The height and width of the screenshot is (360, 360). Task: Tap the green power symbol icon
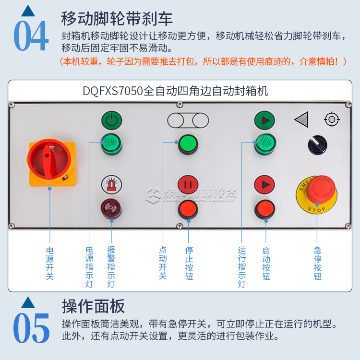point(111,120)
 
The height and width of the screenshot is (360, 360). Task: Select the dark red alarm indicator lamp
point(111,208)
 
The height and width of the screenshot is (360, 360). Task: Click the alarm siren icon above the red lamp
point(111,184)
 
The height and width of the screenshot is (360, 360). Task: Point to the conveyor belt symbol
point(188,120)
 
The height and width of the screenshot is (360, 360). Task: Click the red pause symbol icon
point(188,184)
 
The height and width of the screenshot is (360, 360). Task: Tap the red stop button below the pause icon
point(188,209)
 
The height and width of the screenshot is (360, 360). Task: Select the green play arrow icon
point(264,120)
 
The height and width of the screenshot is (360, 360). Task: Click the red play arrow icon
point(264,184)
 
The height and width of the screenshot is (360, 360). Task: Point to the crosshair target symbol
point(332,120)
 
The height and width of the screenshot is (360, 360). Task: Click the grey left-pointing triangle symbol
point(302,120)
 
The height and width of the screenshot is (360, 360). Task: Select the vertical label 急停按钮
point(317,263)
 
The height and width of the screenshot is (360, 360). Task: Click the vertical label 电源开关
point(49,263)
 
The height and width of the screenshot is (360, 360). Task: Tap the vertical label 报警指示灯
point(111,267)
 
